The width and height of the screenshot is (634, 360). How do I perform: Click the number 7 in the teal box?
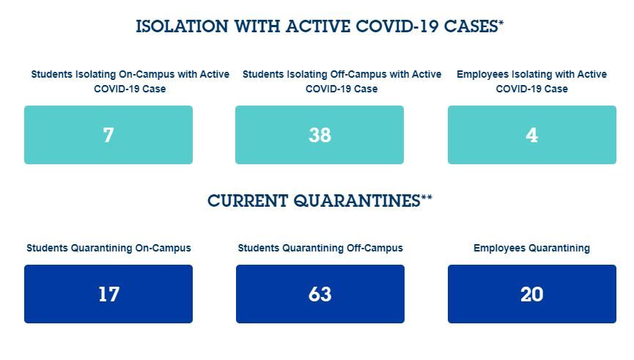[108, 135]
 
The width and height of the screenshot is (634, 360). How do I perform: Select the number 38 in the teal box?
[320, 135]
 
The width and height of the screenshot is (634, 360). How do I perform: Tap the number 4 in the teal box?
[531, 135]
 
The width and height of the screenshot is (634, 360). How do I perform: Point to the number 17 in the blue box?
[108, 294]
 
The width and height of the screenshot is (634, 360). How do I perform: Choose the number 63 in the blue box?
[320, 294]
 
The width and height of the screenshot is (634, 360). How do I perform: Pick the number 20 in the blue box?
[531, 294]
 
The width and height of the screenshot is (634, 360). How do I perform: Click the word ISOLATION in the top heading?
[182, 26]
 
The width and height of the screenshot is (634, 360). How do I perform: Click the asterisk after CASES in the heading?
[501, 23]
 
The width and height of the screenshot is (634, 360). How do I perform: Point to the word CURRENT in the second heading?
[248, 201]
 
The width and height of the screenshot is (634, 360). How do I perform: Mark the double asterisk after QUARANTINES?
[427, 198]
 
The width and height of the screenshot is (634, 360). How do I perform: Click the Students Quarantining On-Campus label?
[108, 248]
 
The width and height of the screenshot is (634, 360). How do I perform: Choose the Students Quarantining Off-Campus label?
[320, 248]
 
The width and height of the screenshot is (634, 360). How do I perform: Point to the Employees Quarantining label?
[531, 249]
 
